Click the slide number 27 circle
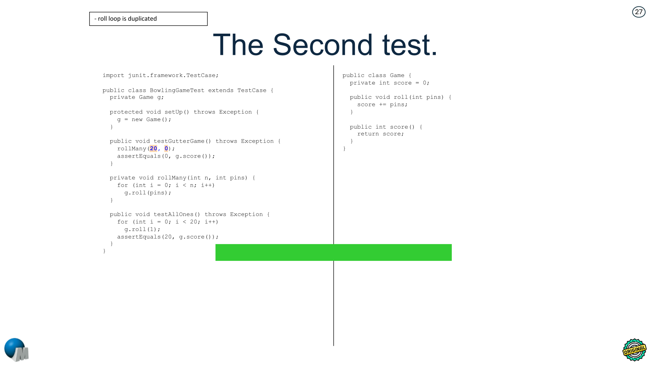point(638,12)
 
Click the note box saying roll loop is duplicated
point(148,19)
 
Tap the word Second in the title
point(322,45)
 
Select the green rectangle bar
point(333,252)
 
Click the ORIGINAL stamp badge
point(634,350)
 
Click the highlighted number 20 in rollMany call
point(154,148)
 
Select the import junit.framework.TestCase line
point(160,75)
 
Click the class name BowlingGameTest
point(177,91)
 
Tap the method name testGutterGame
point(179,141)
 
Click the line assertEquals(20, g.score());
point(168,237)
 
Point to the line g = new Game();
point(144,119)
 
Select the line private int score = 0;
point(389,83)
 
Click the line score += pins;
point(382,105)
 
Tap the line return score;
point(380,134)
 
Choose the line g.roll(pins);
point(148,193)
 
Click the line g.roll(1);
point(142,229)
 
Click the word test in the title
point(409,45)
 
